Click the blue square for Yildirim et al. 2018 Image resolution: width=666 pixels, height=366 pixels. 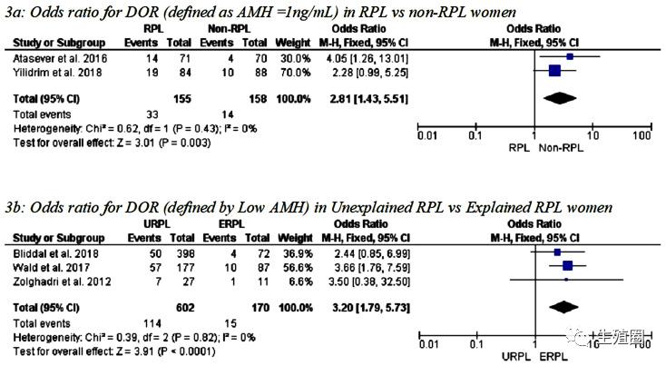point(555,69)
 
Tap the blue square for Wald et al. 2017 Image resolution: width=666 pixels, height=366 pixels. point(568,265)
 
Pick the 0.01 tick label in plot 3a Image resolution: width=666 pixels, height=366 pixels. point(426,136)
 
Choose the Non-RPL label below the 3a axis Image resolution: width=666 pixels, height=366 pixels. point(566,148)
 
